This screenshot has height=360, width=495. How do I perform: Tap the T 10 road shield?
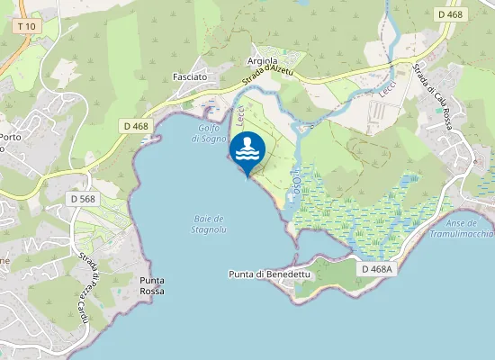tap(26, 26)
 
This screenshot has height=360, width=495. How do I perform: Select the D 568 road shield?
tap(82, 198)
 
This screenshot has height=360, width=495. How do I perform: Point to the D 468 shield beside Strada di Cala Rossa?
tap(451, 14)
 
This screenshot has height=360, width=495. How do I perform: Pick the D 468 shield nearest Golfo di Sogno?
tap(137, 127)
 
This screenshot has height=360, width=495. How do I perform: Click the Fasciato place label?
tap(190, 77)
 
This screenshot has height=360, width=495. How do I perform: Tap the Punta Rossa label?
tap(151, 286)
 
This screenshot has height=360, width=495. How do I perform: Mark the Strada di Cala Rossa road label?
tap(432, 94)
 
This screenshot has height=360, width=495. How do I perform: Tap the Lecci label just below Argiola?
tap(240, 115)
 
